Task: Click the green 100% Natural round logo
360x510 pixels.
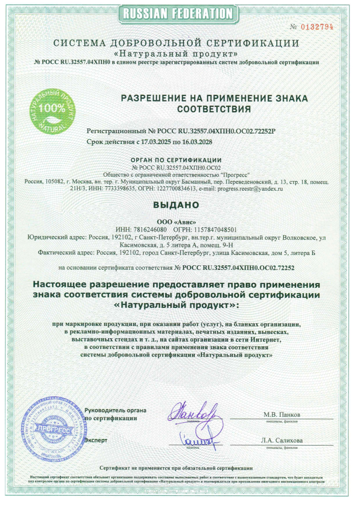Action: click(x=53, y=110)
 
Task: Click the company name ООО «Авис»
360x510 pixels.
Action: click(x=179, y=222)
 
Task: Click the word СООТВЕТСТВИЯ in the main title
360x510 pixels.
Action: click(x=214, y=109)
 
